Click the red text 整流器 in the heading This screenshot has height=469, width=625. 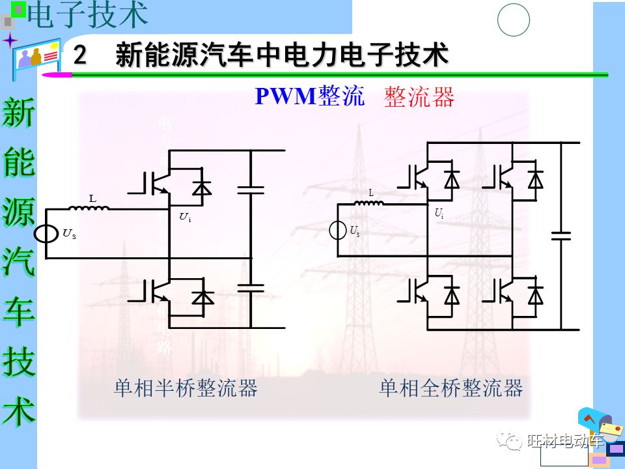point(419,97)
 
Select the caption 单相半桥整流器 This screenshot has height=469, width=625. point(186,388)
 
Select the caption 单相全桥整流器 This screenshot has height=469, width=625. point(451,388)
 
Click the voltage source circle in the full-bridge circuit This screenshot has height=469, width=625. point(337,230)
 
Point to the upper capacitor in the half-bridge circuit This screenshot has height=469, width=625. point(251,190)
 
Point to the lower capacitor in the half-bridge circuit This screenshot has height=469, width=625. point(251,287)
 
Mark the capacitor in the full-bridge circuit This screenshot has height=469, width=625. point(561,234)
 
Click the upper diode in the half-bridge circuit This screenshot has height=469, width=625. point(202,187)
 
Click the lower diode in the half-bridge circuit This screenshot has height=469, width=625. point(202,296)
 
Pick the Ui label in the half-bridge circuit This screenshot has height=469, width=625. point(185,217)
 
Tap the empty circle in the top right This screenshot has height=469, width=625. point(514,20)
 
